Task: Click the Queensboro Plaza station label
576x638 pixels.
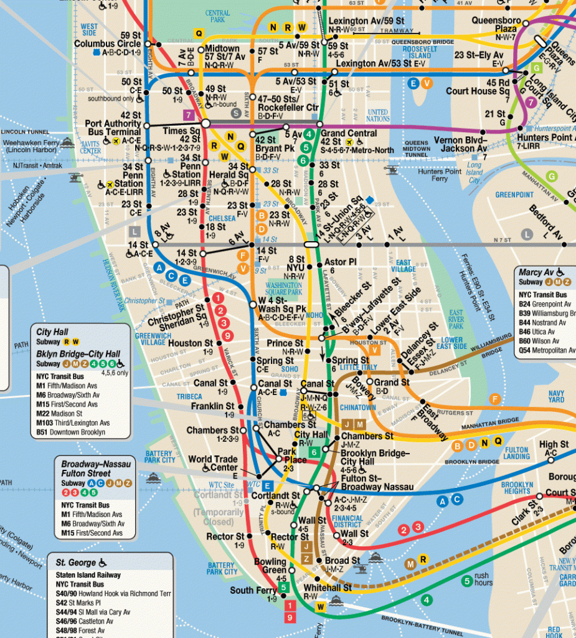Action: [x=496, y=24]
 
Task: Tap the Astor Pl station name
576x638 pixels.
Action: [x=340, y=262]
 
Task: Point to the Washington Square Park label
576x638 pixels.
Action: [x=284, y=288]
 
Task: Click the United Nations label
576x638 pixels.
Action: [x=378, y=115]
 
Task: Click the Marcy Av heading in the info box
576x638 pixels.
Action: [x=537, y=272]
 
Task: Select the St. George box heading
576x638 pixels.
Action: [x=78, y=562]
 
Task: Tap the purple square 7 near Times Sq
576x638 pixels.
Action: [x=188, y=115]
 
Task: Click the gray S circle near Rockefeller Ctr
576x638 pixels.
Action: [x=236, y=113]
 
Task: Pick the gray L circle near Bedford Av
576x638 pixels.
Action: [x=527, y=234]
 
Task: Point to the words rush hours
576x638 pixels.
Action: [x=482, y=580]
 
